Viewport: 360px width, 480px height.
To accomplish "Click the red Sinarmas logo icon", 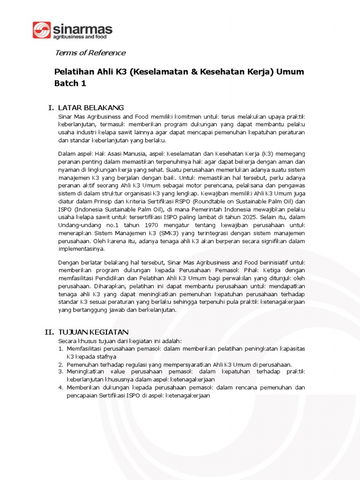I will [41, 30].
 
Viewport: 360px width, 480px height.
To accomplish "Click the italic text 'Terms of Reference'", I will [90, 52].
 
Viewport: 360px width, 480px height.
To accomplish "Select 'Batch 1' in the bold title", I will [70, 83].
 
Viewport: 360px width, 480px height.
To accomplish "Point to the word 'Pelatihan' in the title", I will [74, 72].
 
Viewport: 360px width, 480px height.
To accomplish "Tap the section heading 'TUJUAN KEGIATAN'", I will [93, 332].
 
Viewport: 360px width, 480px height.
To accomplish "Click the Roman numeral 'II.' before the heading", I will [49, 332].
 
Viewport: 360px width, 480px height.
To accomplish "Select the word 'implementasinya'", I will [81, 249].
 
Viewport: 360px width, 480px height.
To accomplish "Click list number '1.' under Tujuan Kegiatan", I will [61, 349].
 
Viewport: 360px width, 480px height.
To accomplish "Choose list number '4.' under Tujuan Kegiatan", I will [61, 387].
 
